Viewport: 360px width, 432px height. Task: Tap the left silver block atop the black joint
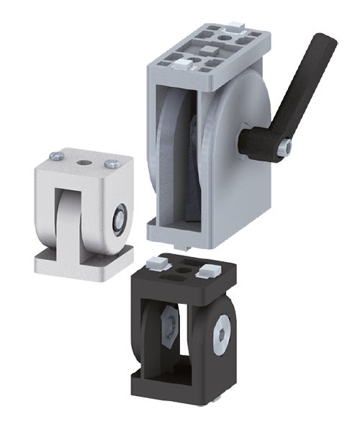coord(153,261)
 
